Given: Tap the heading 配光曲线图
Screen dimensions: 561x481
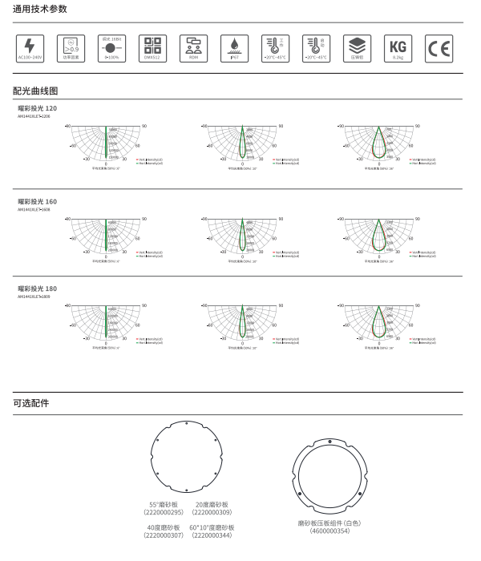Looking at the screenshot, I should (x=36, y=91).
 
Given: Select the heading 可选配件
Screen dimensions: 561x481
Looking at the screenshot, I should (x=31, y=403).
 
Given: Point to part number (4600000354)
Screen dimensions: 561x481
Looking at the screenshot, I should (x=329, y=530).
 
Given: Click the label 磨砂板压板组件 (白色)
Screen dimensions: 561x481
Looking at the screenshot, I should (x=329, y=523).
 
